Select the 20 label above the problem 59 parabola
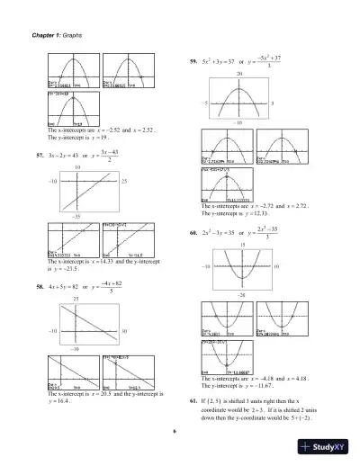point(239,72)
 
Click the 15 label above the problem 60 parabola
point(241,244)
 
